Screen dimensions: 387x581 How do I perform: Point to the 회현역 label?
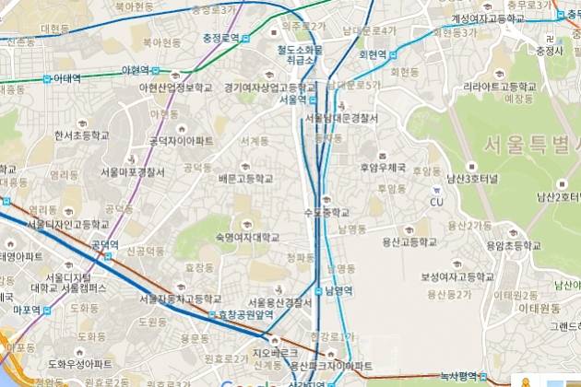373,55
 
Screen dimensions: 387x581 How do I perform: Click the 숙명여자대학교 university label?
246,236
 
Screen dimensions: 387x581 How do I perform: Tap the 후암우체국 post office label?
383,168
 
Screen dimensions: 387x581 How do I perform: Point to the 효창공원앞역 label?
244,314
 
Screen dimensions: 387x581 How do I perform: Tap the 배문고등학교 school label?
244,177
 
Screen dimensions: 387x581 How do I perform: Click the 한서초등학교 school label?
81,135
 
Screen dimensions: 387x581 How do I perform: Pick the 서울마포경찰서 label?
133,171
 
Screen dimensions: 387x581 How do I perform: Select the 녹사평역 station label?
456,375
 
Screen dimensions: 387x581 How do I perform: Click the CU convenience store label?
437,202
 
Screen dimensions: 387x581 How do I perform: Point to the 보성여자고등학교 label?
454,276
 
